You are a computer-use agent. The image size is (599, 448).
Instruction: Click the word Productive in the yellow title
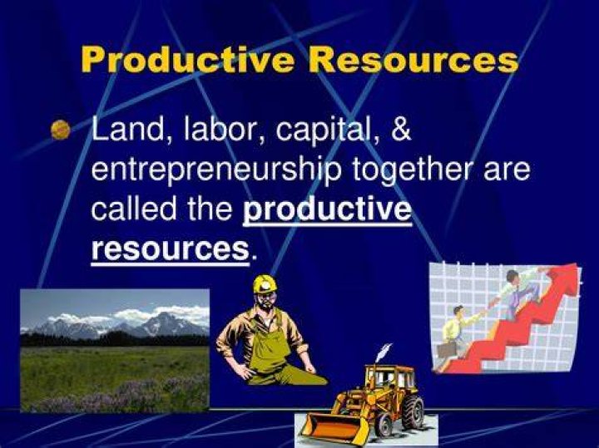tap(187, 60)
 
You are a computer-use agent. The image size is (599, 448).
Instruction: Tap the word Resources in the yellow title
tap(413, 60)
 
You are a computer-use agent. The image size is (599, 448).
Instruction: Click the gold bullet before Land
tap(61, 129)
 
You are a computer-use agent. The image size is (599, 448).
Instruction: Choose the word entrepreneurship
tap(215, 170)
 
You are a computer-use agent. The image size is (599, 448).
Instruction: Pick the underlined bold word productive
tap(328, 210)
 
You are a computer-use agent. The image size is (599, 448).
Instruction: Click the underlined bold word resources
tap(171, 249)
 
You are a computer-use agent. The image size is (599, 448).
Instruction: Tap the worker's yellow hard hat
tap(265, 284)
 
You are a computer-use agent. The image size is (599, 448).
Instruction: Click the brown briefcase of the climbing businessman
tap(447, 349)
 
